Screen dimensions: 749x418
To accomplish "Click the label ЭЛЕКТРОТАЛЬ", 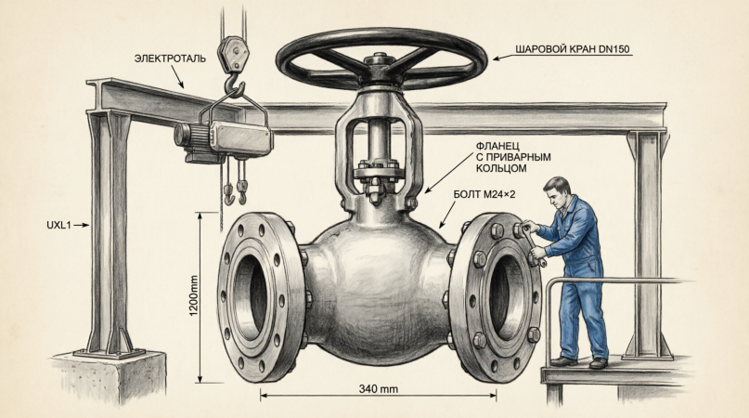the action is (170, 59).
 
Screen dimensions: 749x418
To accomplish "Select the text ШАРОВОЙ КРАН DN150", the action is (573, 49).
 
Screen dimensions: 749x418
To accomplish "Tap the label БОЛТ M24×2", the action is (484, 195).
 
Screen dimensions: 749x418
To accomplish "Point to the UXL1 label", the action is (58, 225).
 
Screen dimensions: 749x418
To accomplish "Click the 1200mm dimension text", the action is (193, 295).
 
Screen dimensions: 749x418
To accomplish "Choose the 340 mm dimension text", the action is (379, 389).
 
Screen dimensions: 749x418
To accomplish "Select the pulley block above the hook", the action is (234, 55).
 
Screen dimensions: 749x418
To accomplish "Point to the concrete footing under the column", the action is (110, 378).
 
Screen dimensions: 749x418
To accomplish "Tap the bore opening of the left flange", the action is (250, 297).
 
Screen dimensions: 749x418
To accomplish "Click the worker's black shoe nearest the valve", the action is (564, 361).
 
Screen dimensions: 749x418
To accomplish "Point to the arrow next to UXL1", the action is (81, 225).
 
